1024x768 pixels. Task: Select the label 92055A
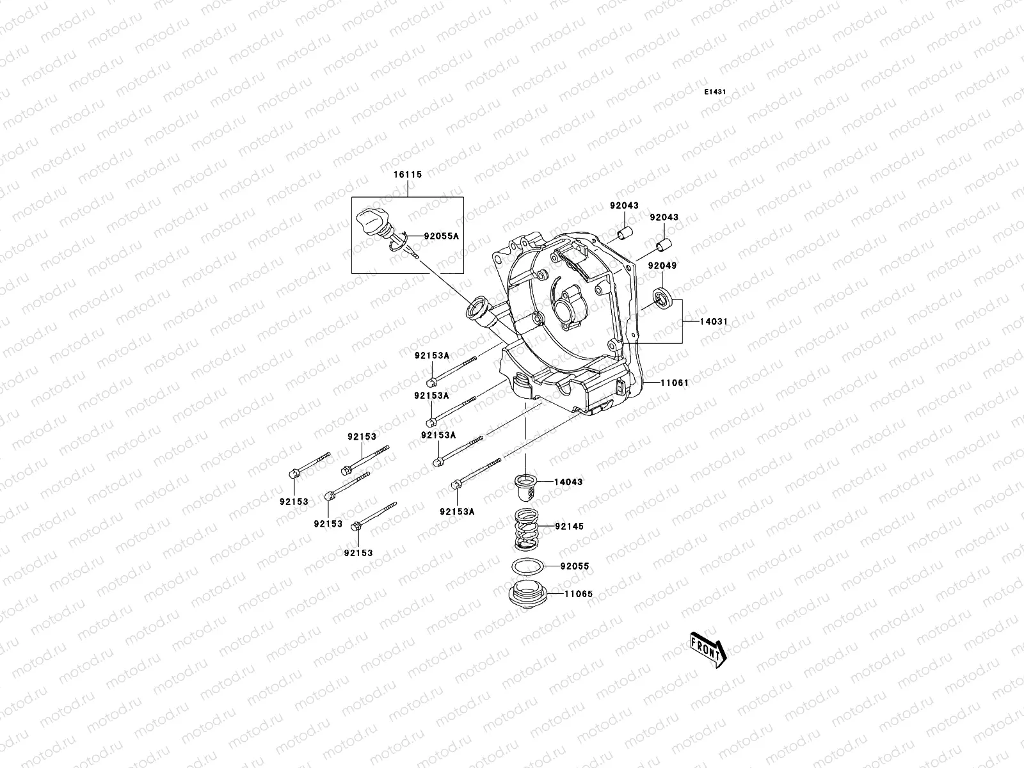click(442, 236)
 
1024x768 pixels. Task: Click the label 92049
click(661, 265)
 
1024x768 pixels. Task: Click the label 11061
click(675, 383)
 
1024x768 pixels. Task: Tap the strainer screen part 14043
click(527, 488)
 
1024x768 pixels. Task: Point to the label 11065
click(579, 594)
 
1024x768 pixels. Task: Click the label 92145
click(569, 526)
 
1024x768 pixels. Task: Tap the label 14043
click(568, 481)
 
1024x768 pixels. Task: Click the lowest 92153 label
click(358, 552)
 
